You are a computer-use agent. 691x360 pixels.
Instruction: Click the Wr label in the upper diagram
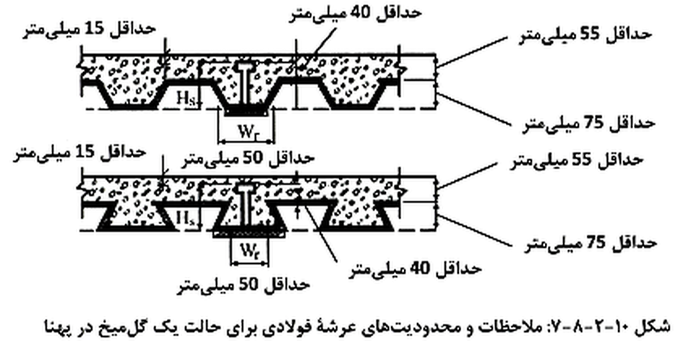(247, 131)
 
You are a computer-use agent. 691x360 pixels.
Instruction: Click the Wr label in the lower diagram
(248, 252)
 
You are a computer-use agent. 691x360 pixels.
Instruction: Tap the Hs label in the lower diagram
(185, 218)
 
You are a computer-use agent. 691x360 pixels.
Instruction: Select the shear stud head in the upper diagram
(243, 66)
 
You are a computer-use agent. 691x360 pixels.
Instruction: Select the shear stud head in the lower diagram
(243, 189)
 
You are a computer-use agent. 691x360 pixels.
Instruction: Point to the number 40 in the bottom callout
(419, 268)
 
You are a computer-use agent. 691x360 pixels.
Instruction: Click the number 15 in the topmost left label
(95, 29)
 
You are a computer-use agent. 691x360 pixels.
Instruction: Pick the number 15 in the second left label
(84, 152)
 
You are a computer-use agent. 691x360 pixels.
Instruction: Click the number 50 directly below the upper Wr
(253, 158)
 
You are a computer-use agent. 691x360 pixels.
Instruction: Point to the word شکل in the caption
(655, 327)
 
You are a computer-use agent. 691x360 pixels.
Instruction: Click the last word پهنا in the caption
(58, 328)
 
